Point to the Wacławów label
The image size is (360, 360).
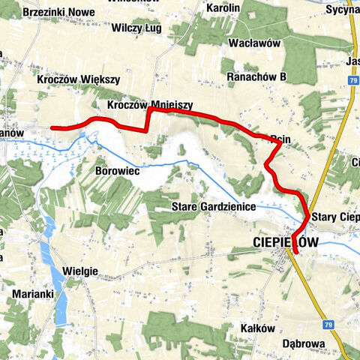256,43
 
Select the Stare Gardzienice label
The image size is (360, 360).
214,206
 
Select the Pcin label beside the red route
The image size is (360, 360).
280,138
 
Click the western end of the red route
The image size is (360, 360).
52,127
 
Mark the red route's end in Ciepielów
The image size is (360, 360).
295,253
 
